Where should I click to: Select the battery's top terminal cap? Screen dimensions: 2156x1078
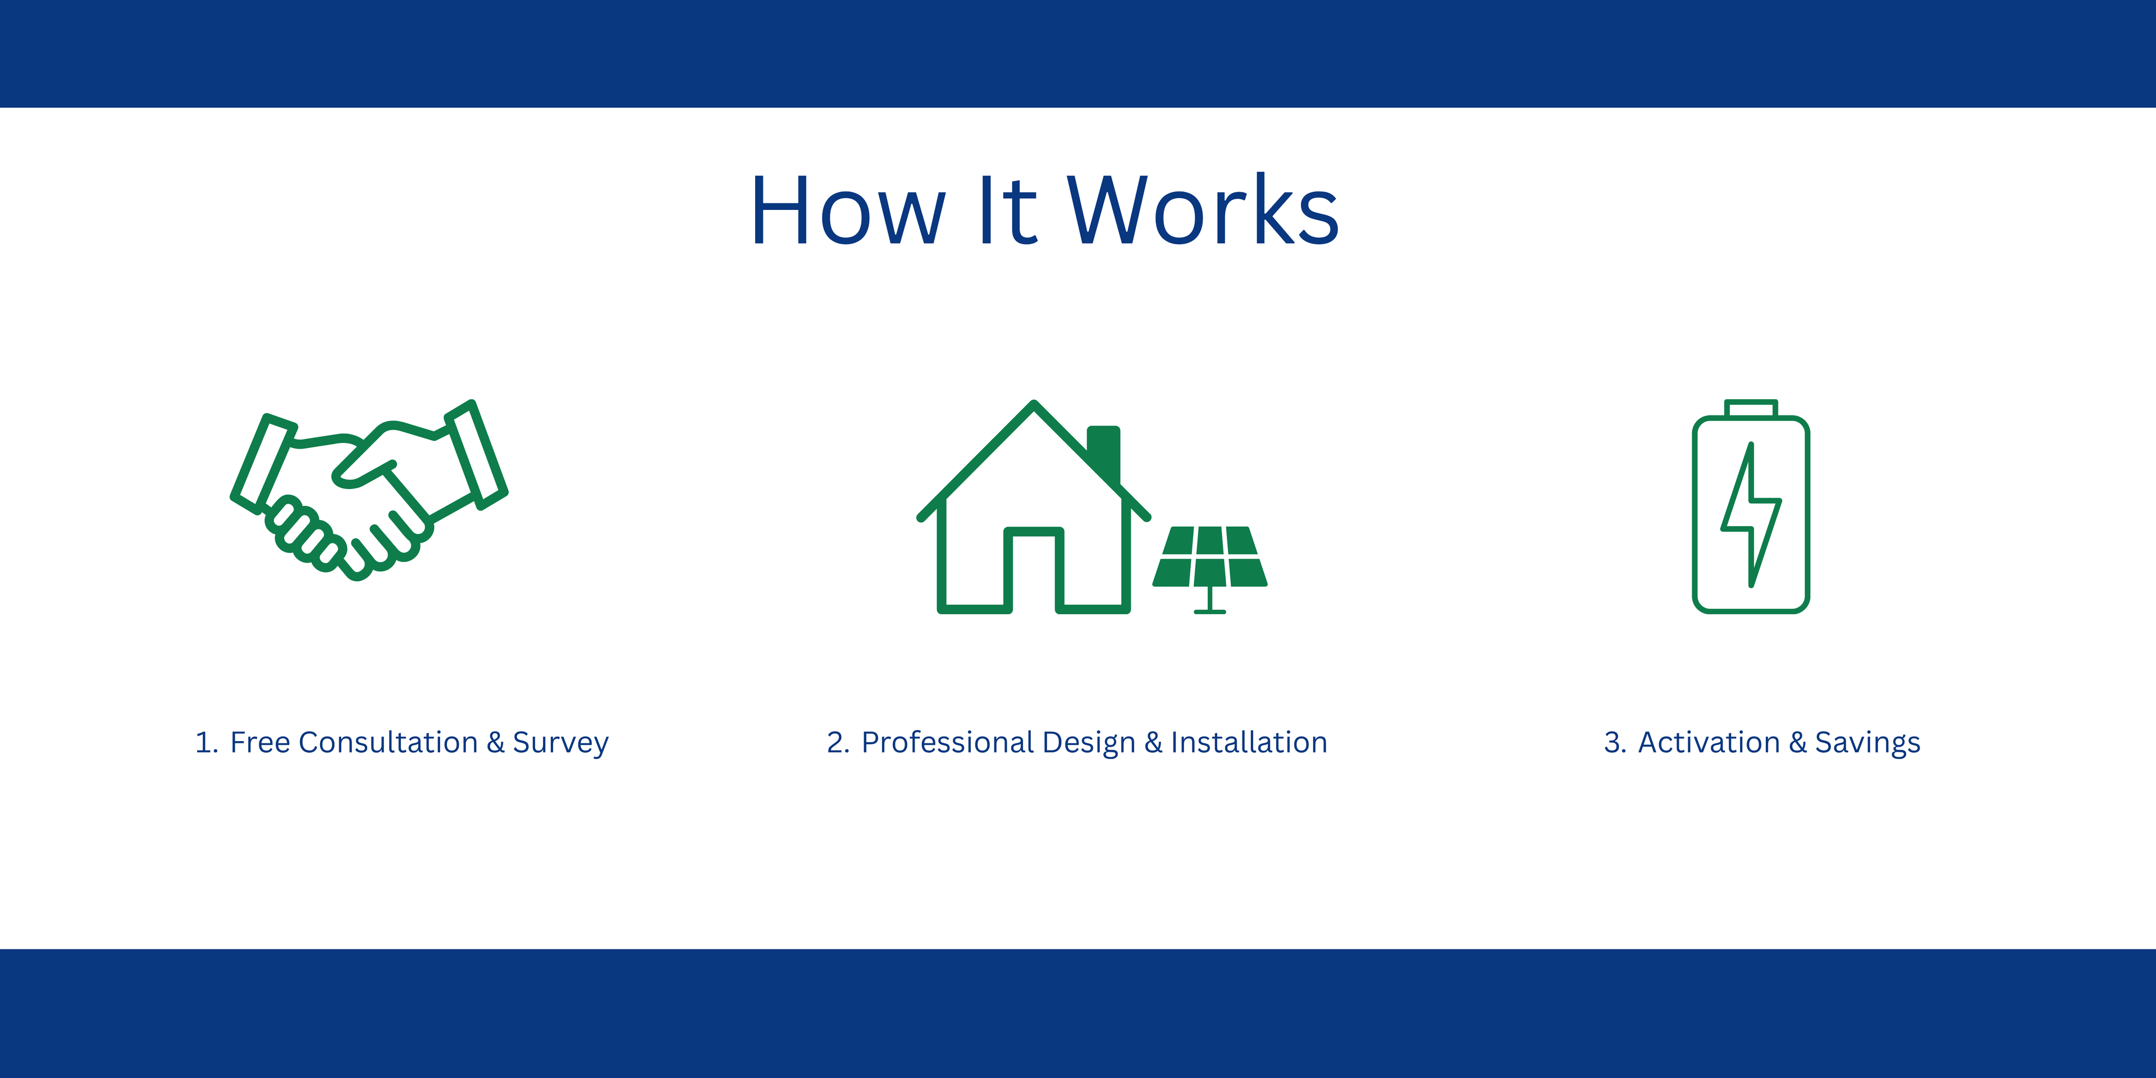coord(1751,408)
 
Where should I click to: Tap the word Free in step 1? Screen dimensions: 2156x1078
coord(261,742)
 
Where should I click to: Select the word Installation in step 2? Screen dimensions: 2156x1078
coord(1249,742)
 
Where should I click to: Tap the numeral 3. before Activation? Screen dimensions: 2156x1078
coord(1615,742)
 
